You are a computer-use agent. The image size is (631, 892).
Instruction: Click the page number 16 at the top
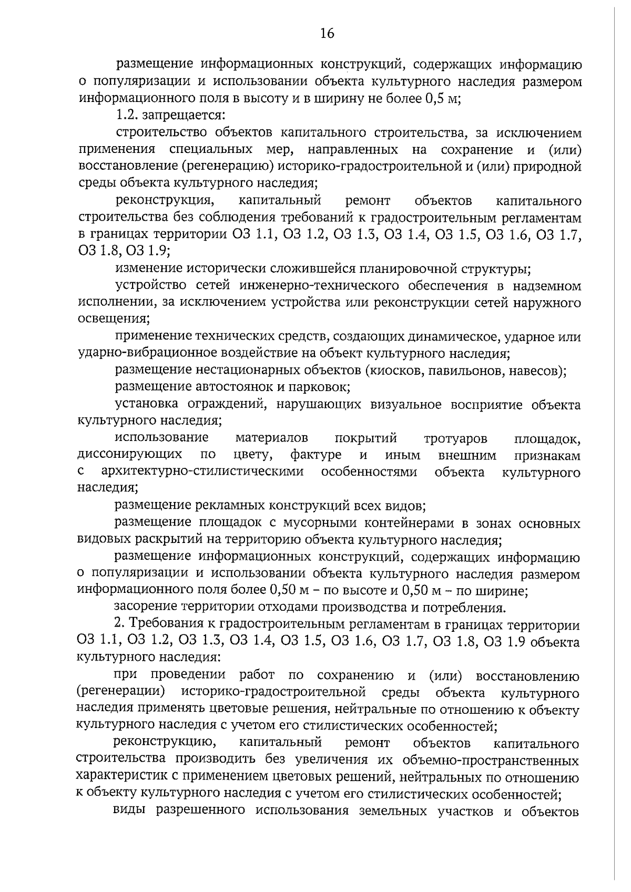pos(327,34)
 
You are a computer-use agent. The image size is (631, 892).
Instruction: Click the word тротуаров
pos(455,438)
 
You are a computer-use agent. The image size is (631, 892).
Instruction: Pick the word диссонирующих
pos(130,455)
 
